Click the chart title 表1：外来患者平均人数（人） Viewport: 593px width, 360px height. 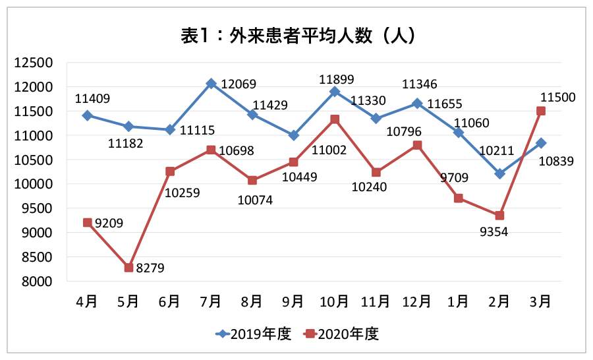(x=297, y=35)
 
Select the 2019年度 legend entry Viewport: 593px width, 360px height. (x=254, y=334)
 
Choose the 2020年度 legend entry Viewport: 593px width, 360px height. (x=341, y=334)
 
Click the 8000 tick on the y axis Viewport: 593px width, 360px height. (x=38, y=282)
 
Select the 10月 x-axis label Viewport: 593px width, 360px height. (x=334, y=302)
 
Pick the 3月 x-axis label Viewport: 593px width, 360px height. (x=540, y=302)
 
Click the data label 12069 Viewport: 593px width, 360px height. (x=238, y=84)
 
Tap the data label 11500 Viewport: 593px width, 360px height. (x=557, y=97)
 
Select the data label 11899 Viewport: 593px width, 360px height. (x=336, y=79)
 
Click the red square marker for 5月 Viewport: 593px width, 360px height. (x=128, y=268)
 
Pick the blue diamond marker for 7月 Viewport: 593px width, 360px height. (x=211, y=83)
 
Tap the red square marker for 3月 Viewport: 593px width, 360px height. (x=541, y=111)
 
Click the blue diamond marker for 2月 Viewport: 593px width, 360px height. (x=499, y=174)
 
